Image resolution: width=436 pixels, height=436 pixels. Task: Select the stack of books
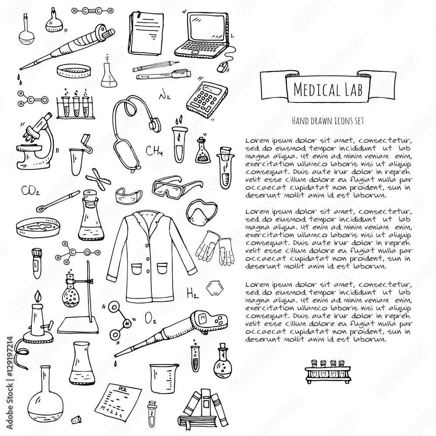205,410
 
